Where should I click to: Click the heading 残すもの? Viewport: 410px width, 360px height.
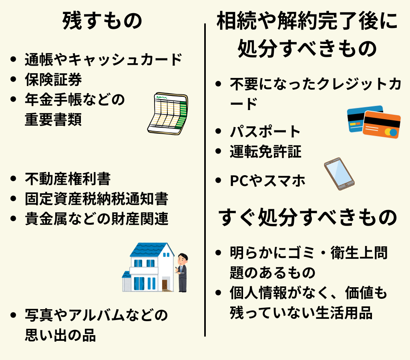[x=102, y=21]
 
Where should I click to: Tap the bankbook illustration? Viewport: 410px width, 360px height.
[x=167, y=114]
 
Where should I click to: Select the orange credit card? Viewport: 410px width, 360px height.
[x=382, y=125]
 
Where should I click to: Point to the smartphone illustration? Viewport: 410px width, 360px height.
[x=339, y=174]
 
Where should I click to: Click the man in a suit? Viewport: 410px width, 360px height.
[x=182, y=272]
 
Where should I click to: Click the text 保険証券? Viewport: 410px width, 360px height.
[x=53, y=80]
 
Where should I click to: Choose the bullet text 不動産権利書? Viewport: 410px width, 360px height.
[x=67, y=179]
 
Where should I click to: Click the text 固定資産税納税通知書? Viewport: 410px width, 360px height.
[x=96, y=199]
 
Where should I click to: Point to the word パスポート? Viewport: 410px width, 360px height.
[x=265, y=131]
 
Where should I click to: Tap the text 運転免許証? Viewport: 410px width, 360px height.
[x=265, y=152]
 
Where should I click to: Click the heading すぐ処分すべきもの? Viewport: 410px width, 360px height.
[x=307, y=218]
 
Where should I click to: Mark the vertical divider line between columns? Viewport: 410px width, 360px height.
[x=205, y=180]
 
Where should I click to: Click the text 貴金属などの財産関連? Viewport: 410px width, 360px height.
[x=96, y=219]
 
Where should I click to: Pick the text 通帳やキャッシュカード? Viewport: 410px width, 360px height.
[x=103, y=60]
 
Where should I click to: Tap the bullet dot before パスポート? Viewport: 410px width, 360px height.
[x=218, y=131]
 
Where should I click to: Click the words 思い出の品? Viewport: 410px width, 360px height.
[x=60, y=335]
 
